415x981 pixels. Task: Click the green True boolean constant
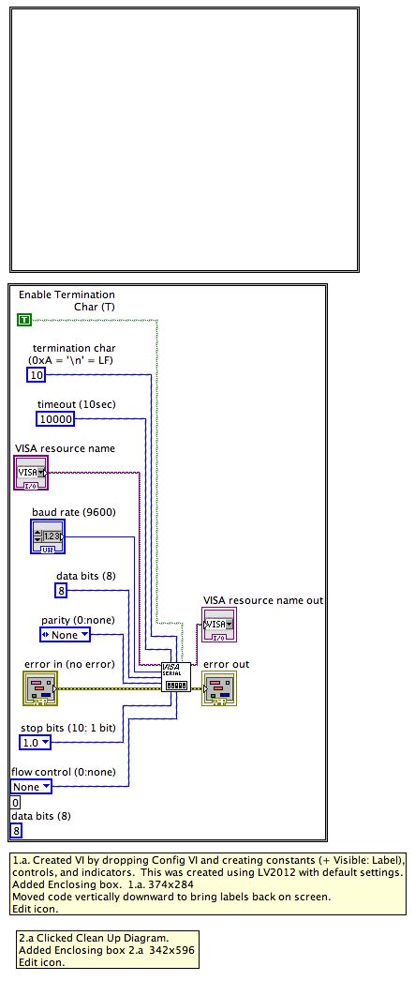(x=24, y=321)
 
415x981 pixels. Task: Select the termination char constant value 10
(x=36, y=375)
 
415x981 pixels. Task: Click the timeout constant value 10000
(x=54, y=419)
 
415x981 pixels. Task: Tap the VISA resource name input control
(x=32, y=473)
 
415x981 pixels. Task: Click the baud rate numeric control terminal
(x=48, y=536)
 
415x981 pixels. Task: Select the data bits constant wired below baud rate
(x=61, y=590)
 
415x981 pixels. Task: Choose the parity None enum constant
(x=66, y=635)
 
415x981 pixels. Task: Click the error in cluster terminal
(x=40, y=687)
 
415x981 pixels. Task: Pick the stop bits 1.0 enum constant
(x=37, y=743)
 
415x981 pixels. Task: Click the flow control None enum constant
(x=32, y=787)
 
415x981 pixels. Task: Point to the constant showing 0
(x=15, y=803)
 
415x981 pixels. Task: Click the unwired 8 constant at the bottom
(x=16, y=830)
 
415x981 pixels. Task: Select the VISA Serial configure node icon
(x=175, y=677)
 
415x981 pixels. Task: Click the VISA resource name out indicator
(x=219, y=625)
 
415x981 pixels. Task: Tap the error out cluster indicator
(x=219, y=687)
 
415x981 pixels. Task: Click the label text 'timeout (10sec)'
(x=76, y=404)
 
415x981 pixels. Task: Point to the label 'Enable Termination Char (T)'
(x=67, y=300)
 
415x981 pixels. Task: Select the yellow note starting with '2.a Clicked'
(x=108, y=949)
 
